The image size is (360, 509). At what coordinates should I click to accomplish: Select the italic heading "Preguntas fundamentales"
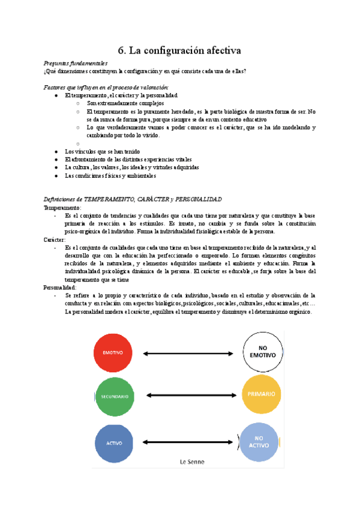tap(76, 63)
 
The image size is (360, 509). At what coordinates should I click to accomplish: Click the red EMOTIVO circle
tap(113, 353)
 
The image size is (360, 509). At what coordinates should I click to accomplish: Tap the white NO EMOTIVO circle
tap(262, 352)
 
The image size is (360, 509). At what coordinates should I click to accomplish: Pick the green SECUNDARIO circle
tap(113, 397)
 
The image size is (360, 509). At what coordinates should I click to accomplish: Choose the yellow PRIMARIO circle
tap(261, 394)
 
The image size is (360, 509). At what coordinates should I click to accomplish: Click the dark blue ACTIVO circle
tap(114, 443)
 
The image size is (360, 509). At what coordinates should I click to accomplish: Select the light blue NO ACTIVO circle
tap(262, 442)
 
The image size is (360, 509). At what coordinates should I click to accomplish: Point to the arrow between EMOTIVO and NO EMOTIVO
tap(187, 353)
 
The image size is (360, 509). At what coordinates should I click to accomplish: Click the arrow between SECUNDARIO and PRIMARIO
tap(187, 396)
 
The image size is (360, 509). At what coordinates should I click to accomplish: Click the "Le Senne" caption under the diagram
tap(192, 462)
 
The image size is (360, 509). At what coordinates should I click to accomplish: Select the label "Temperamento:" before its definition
tap(62, 207)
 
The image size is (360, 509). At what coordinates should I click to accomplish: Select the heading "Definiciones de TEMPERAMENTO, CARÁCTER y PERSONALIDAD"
tap(133, 199)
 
